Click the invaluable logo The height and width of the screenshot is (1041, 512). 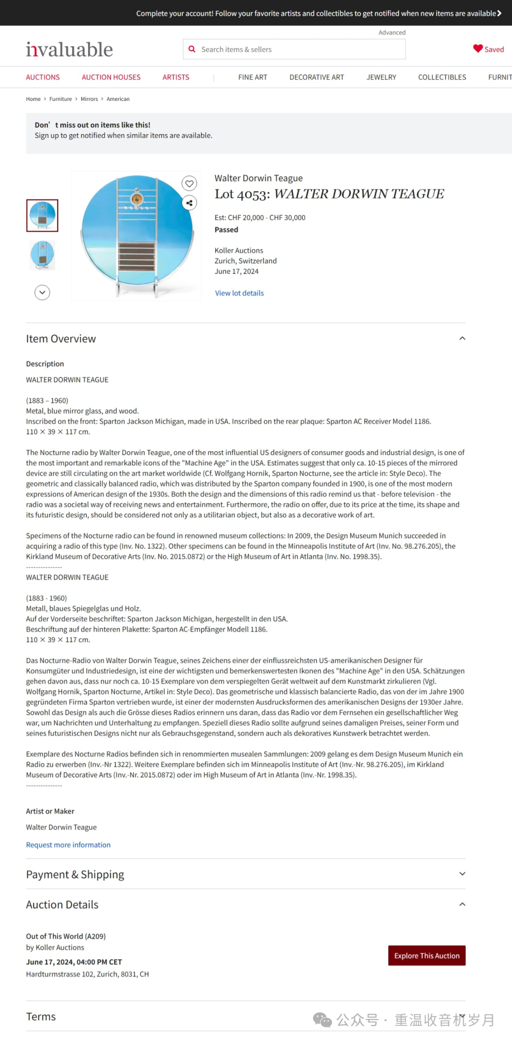pyautogui.click(x=69, y=49)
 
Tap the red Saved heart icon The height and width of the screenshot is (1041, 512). pyautogui.click(x=477, y=49)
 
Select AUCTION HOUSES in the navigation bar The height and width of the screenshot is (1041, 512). pyautogui.click(x=111, y=77)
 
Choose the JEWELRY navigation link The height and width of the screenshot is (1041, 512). pyautogui.click(x=381, y=77)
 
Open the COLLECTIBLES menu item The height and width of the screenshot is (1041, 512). pyautogui.click(x=442, y=77)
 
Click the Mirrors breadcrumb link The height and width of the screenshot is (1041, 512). pyautogui.click(x=89, y=99)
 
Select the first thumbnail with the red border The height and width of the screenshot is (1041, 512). pyautogui.click(x=42, y=216)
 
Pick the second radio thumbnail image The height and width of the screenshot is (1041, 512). pyautogui.click(x=42, y=255)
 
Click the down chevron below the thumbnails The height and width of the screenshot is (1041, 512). pyautogui.click(x=42, y=292)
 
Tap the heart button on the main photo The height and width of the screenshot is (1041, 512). pyautogui.click(x=189, y=183)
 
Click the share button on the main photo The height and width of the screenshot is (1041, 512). pyautogui.click(x=189, y=203)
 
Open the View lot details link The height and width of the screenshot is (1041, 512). pyautogui.click(x=239, y=293)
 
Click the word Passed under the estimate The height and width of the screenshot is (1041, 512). pyautogui.click(x=226, y=230)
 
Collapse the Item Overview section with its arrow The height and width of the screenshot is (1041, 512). pyautogui.click(x=462, y=338)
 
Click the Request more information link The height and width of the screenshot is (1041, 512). pyautogui.click(x=68, y=845)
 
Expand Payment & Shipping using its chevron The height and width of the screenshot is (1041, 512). pyautogui.click(x=462, y=874)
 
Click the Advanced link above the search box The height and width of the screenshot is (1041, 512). pyautogui.click(x=392, y=33)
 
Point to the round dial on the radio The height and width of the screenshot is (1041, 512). pyautogui.click(x=137, y=199)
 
